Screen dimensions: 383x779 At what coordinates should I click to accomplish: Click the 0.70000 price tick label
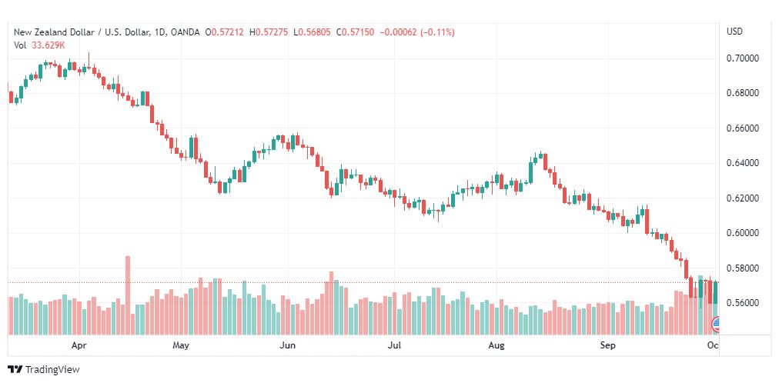(743, 58)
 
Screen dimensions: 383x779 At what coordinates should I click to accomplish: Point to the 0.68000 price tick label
(743, 93)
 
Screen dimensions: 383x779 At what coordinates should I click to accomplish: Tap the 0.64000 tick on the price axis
(743, 163)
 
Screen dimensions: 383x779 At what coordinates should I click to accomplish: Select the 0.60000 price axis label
(743, 233)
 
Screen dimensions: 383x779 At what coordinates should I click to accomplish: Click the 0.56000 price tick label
(743, 303)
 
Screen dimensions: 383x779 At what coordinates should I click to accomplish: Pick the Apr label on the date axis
(77, 346)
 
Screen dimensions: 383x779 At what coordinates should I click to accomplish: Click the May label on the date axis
(181, 346)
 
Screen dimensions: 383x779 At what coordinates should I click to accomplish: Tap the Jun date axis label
(287, 346)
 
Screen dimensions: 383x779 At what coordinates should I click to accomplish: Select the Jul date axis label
(394, 346)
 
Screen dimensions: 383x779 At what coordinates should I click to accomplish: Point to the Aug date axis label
(496, 346)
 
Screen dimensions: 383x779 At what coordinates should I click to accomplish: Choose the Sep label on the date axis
(608, 346)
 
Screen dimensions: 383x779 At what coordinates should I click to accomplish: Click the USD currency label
(734, 32)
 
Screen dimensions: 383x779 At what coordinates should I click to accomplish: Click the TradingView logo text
(52, 370)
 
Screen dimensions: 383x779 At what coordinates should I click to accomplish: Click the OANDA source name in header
(185, 32)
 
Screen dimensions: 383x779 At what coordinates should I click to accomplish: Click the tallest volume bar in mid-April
(128, 295)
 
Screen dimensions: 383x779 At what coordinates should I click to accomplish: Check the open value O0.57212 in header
(223, 32)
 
